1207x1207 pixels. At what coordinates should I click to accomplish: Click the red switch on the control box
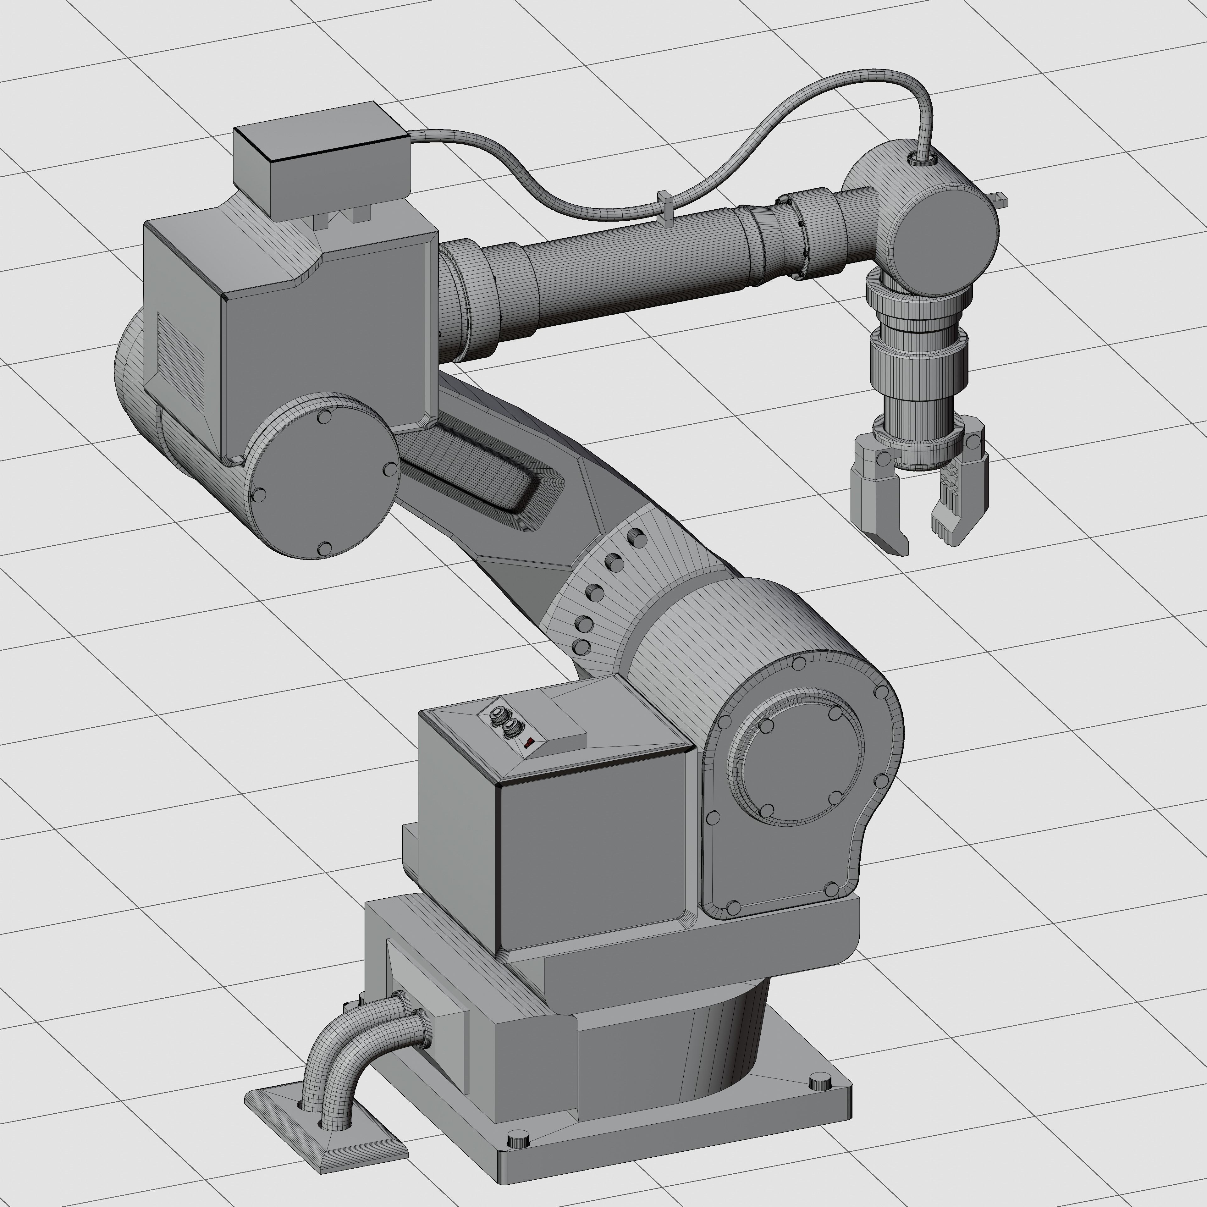[528, 742]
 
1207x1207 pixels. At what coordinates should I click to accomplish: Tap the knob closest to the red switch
[512, 727]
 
